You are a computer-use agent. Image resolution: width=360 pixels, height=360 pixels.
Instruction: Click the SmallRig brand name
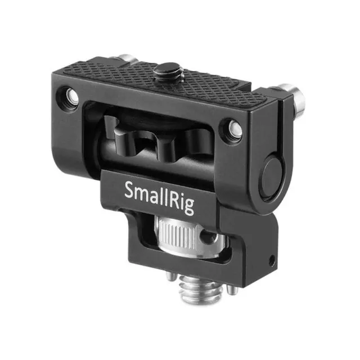pos(159,197)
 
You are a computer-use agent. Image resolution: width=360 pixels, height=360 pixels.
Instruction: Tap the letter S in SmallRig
pos(129,190)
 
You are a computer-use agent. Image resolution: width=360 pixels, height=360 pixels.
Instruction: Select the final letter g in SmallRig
pos(189,207)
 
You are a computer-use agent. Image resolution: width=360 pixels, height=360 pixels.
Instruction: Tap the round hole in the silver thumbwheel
pos(209,236)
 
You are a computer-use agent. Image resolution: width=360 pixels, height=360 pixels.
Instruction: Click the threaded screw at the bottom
pos(198,290)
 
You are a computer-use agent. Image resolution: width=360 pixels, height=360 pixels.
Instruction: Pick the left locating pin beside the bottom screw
pos(172,276)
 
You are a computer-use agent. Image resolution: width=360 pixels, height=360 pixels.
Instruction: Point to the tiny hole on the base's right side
pos(272,259)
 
